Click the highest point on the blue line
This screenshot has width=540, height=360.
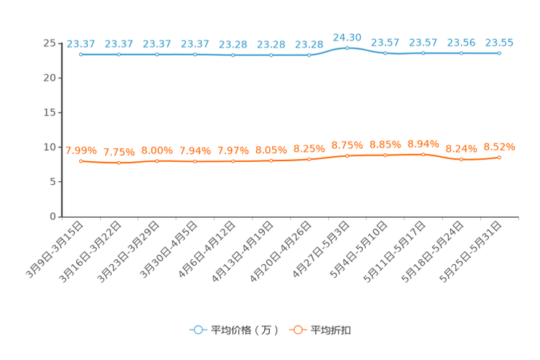347,48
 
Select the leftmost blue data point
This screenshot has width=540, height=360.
81,54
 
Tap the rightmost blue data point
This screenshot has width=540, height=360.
499,53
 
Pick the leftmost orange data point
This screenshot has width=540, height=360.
81,160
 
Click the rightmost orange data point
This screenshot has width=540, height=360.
499,157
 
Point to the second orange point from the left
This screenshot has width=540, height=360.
118,163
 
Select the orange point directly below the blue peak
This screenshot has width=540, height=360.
347,155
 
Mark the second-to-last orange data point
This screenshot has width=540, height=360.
461,159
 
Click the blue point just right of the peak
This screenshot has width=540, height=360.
385,53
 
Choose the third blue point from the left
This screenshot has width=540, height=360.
157,54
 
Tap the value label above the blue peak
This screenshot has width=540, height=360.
347,36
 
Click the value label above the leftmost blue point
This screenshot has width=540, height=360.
81,43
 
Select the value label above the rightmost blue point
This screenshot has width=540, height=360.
499,42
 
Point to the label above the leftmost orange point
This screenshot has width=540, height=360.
81,150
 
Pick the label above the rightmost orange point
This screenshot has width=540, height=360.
499,146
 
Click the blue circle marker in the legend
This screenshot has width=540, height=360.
197,330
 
